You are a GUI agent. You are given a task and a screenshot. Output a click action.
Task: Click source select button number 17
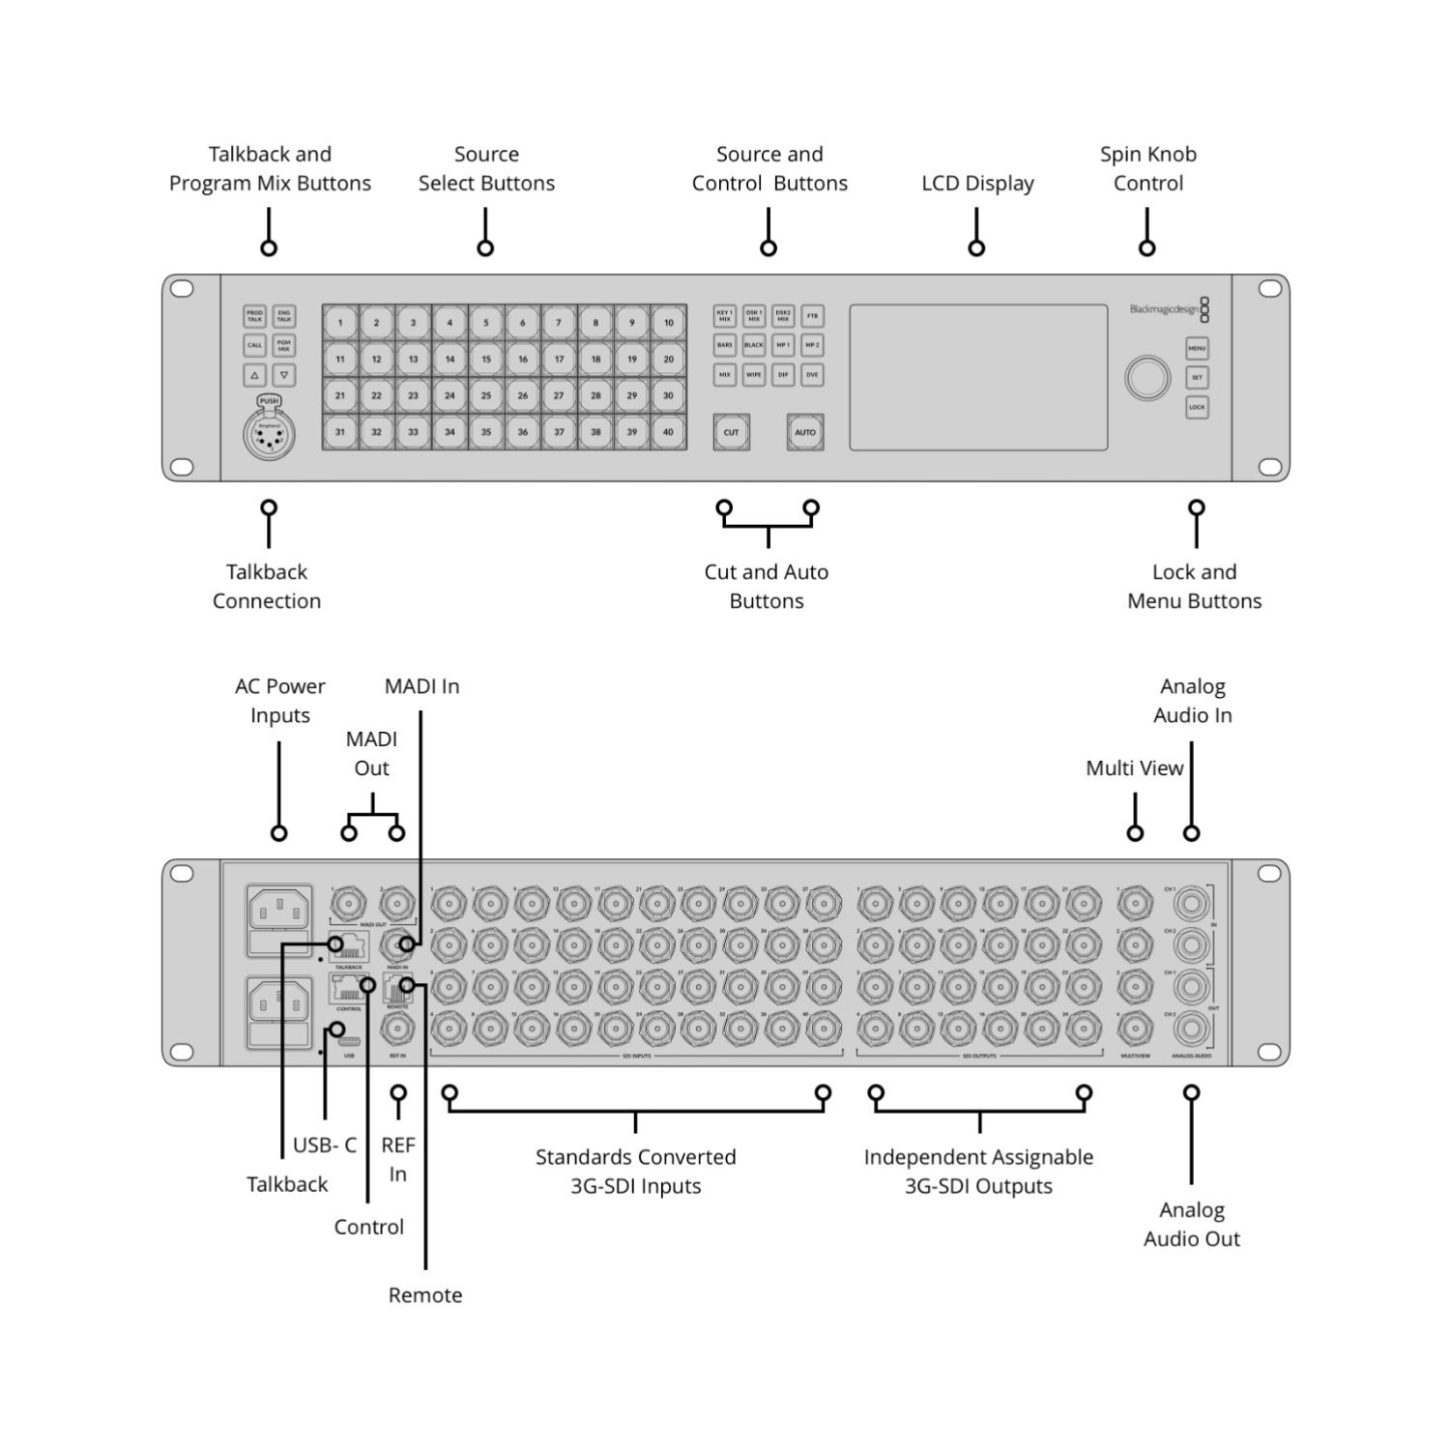pos(559,359)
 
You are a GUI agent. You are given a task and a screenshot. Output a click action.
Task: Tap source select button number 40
pos(668,432)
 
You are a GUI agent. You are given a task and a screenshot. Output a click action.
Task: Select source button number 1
pos(340,323)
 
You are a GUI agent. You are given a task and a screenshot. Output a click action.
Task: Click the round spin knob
pos(1147,378)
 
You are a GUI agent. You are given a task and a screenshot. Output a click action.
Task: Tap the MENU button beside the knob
pos(1197,348)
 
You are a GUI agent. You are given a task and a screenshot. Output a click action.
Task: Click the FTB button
pos(812,315)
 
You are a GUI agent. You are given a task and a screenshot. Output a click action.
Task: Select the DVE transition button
pos(812,375)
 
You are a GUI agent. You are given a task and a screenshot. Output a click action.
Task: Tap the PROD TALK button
pos(254,316)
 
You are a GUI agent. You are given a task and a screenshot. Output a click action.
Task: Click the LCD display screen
pos(978,378)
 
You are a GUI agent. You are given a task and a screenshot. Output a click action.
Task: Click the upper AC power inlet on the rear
pos(280,910)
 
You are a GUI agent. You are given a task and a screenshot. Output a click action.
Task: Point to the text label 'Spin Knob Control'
pos(1147,168)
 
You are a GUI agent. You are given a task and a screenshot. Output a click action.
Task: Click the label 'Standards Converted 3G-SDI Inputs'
pos(635,1172)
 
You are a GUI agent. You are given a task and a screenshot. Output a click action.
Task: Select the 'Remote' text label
pos(425,1295)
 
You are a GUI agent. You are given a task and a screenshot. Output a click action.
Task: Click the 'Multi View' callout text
pos(1134,768)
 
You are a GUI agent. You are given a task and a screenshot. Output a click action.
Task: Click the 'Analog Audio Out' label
pos(1191,1224)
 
